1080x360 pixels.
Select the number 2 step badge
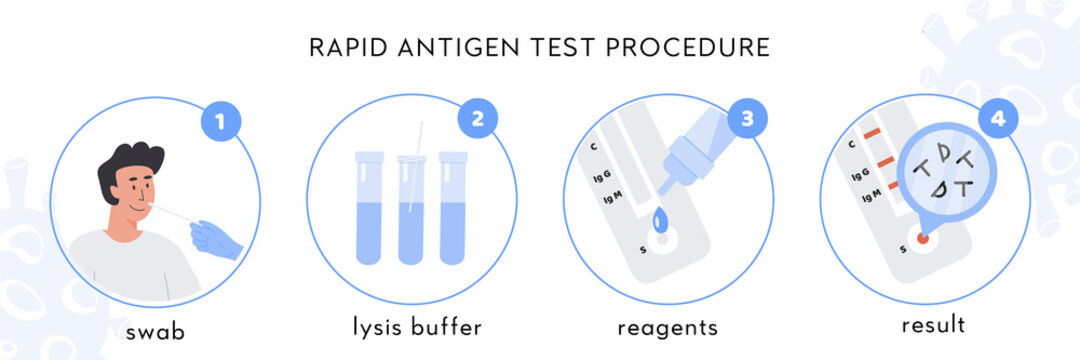point(478,119)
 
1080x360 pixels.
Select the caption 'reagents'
point(667,328)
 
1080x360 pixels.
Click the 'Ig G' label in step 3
point(604,178)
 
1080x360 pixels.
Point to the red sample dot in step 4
point(922,240)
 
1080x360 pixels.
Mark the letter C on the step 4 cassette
point(852,144)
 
